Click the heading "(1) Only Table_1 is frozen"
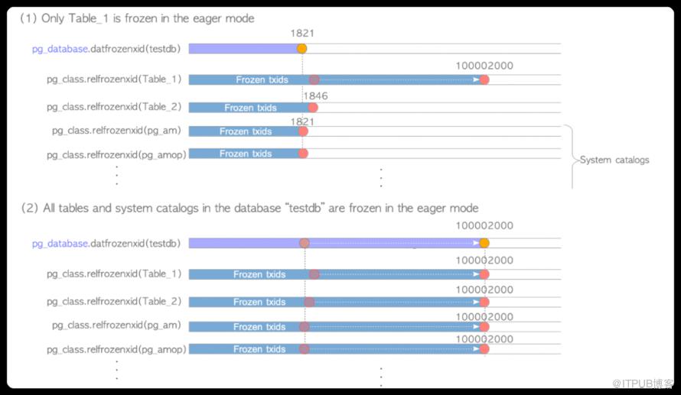(x=137, y=18)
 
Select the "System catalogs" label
(x=614, y=160)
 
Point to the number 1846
(x=315, y=96)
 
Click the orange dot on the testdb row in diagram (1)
(x=301, y=49)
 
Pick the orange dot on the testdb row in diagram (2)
(x=484, y=243)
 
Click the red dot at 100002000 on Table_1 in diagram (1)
(x=484, y=79)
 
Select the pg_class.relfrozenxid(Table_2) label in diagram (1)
(x=114, y=108)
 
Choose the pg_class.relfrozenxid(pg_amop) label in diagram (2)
(x=113, y=348)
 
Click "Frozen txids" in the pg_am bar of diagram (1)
(x=245, y=131)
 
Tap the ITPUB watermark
(x=641, y=381)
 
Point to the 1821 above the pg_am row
(x=303, y=121)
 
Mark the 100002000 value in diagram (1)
(x=484, y=66)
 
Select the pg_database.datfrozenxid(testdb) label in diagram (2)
(x=106, y=243)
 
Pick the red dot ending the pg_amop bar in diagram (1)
(x=303, y=154)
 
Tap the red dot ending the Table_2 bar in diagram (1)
(x=312, y=108)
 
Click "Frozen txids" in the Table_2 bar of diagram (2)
(x=259, y=302)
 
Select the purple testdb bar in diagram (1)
(x=243, y=49)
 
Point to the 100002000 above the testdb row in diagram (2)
(x=484, y=226)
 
